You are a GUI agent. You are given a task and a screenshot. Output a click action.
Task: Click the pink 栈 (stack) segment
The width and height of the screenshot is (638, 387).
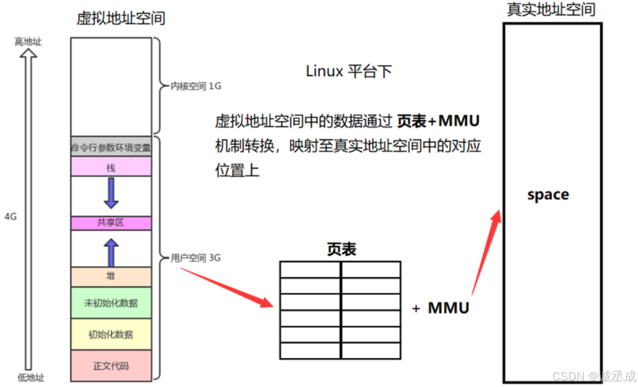pos(111,166)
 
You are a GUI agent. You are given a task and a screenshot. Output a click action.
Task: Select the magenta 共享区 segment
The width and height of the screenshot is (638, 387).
pos(111,223)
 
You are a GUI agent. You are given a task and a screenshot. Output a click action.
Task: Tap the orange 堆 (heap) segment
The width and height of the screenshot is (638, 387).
pos(111,276)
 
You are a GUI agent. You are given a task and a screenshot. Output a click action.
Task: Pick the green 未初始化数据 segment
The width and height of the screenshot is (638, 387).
pos(111,303)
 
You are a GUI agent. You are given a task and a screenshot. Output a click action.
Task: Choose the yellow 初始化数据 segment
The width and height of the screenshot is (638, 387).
pos(111,334)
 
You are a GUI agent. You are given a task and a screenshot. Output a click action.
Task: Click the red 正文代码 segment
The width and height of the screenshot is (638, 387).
pos(111,366)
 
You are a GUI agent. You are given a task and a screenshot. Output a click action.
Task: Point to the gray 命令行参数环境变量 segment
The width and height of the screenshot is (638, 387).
pos(111,147)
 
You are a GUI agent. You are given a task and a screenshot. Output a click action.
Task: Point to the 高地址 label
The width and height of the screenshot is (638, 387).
pos(28,42)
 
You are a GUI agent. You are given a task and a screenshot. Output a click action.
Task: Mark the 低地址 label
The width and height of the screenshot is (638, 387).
pos(28,378)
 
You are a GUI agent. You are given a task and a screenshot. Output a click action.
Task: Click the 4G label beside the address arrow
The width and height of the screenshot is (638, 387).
pos(11,217)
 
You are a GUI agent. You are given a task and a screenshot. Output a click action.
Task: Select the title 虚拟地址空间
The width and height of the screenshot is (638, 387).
pos(121,18)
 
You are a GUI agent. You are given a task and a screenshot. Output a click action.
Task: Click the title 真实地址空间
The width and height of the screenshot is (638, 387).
pos(551,9)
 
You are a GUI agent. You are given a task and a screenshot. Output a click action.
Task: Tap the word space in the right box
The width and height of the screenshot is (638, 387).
pos(548,195)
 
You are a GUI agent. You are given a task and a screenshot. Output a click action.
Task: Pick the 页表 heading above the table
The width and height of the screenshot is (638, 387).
pos(341,249)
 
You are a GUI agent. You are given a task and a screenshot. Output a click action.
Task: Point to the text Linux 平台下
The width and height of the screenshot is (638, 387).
pos(348,71)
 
